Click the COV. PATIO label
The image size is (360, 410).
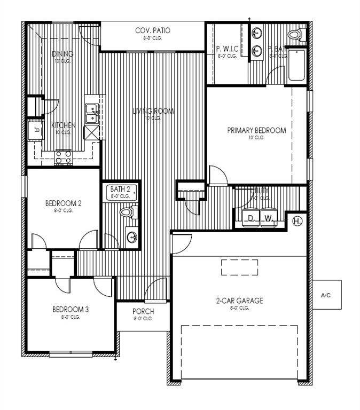153,31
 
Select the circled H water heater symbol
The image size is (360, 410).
298,220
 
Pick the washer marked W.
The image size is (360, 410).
268,218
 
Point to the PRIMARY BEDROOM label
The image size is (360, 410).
256,130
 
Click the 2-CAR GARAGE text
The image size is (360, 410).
239,301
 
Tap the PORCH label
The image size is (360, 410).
143,312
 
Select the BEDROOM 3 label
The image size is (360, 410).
69,310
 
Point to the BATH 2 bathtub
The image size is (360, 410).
121,192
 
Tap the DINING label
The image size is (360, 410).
63,54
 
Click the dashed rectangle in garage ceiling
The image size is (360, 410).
239,267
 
